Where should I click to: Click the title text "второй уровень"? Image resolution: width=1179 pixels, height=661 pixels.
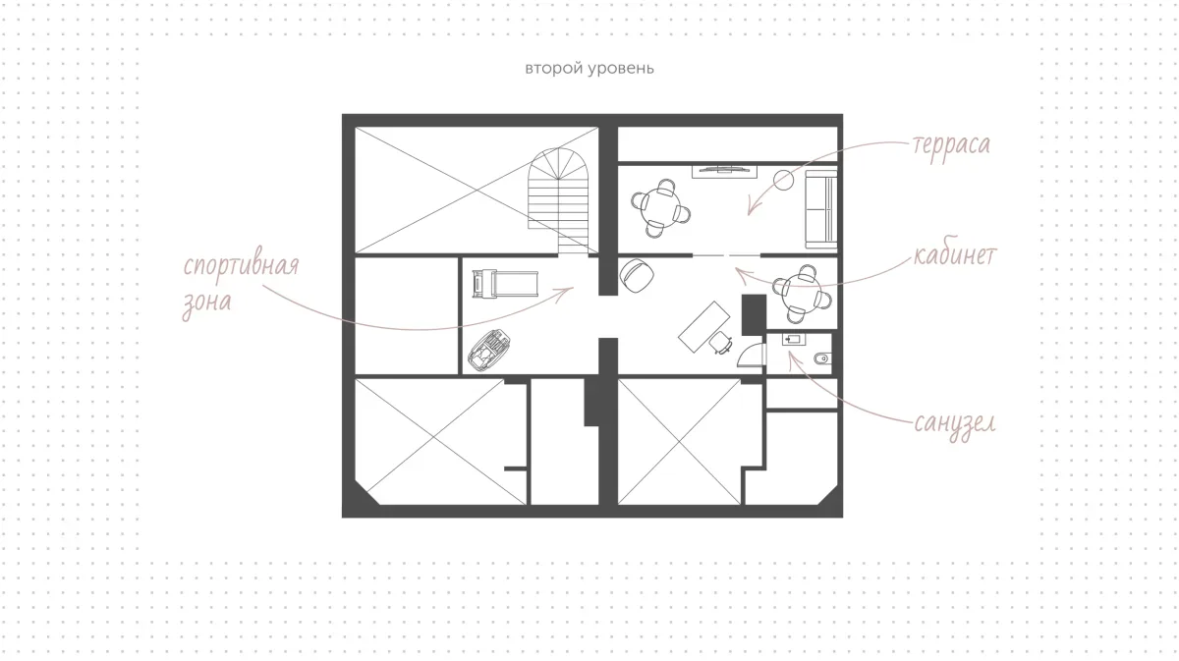click(589, 69)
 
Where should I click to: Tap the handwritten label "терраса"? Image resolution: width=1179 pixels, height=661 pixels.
click(952, 144)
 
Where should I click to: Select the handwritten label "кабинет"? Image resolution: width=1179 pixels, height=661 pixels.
click(955, 255)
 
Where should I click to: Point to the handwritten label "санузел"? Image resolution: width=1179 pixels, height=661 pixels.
click(955, 423)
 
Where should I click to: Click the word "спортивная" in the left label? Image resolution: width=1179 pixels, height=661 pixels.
click(241, 266)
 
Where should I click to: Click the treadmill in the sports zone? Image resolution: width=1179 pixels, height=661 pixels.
click(505, 284)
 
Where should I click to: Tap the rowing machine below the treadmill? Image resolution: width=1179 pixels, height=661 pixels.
click(489, 351)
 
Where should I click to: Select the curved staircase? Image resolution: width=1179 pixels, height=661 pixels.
click(558, 200)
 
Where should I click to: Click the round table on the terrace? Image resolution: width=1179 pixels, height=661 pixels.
click(660, 208)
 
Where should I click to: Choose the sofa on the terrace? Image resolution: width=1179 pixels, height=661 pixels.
click(821, 209)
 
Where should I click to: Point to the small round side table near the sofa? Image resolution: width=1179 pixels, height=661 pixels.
click(783, 181)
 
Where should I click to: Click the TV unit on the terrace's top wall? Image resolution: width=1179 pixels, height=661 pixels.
click(724, 172)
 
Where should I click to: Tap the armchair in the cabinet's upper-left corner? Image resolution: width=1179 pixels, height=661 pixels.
click(637, 275)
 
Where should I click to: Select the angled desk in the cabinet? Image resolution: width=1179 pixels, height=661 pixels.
click(704, 327)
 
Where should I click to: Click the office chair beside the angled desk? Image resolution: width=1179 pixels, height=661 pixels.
click(720, 343)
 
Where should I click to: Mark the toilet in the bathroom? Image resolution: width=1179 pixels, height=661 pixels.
click(822, 358)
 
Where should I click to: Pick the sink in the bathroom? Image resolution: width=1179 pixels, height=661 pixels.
click(793, 340)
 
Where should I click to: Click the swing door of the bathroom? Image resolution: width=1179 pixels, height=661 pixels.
click(752, 355)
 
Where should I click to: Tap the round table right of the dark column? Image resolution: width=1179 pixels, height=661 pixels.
click(803, 294)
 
